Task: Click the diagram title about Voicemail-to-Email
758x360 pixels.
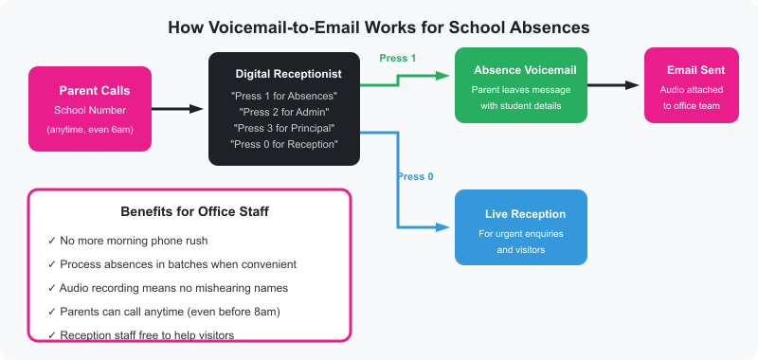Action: pyautogui.click(x=379, y=27)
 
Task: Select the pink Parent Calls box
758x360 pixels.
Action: pyautogui.click(x=90, y=109)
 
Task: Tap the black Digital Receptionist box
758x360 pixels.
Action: pyautogui.click(x=284, y=109)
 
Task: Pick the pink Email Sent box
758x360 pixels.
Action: pyautogui.click(x=691, y=85)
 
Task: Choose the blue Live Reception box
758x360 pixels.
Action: pyautogui.click(x=520, y=227)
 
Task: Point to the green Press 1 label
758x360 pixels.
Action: pyautogui.click(x=398, y=58)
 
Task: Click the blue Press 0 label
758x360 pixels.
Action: pyautogui.click(x=415, y=176)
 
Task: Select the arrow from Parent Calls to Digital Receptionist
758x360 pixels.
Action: pyautogui.click(x=178, y=109)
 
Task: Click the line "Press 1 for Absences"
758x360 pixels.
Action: pyautogui.click(x=284, y=97)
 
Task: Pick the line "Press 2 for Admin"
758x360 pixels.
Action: pyautogui.click(x=284, y=112)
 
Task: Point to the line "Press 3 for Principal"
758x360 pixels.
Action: pyautogui.click(x=284, y=128)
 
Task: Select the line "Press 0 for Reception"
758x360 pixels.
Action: pyautogui.click(x=284, y=144)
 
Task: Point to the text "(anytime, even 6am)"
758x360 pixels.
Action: pyautogui.click(x=90, y=128)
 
